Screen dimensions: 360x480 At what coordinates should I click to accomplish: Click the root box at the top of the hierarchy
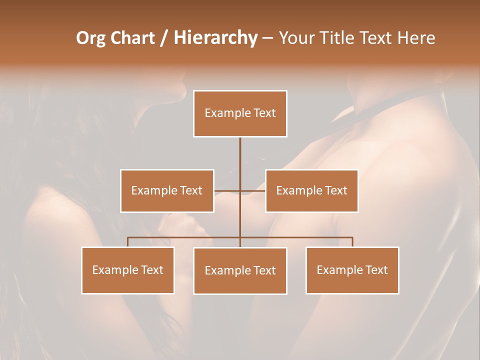240,113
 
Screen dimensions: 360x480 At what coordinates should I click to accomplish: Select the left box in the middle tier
167,190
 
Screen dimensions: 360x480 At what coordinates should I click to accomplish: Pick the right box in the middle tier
311,190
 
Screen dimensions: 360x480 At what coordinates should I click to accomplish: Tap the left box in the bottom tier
128,270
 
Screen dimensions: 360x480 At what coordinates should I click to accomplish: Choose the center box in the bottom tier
240,270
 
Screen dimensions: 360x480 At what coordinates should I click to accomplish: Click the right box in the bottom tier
352,270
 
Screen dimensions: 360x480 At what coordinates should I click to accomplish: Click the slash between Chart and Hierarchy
164,38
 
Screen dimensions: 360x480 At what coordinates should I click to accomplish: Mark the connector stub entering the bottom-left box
128,242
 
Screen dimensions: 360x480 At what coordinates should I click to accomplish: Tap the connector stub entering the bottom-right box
352,242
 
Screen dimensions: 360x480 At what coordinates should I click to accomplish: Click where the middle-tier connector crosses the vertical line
240,190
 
